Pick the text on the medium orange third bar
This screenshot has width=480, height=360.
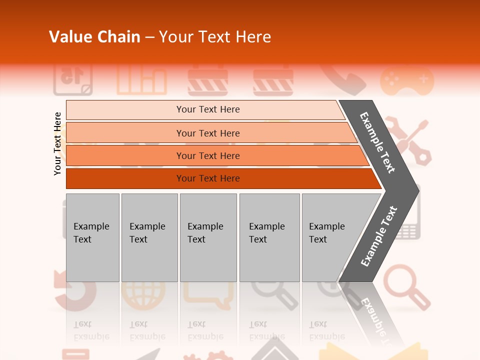208,156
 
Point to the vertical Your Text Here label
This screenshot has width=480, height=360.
57,143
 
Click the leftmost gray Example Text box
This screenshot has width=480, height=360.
92,237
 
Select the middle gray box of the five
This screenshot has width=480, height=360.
208,237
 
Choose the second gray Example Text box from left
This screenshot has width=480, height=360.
149,237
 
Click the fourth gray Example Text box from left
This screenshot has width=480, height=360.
269,237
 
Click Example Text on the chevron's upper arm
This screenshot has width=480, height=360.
377,142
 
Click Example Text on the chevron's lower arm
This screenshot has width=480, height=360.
379,236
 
